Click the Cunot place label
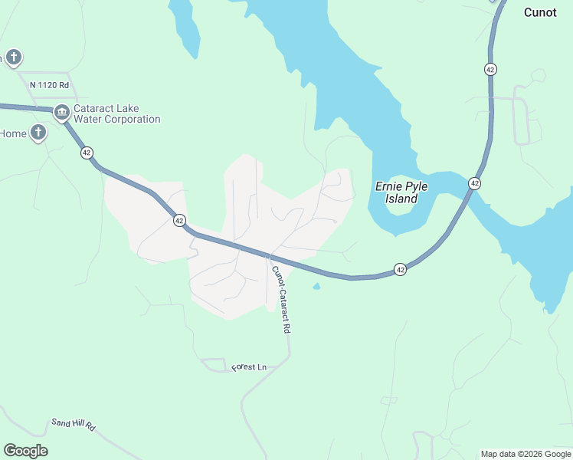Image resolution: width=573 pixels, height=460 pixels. (540, 12)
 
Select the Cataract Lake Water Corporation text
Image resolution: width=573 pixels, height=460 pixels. (116, 114)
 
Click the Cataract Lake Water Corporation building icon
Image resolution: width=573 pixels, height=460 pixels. (62, 113)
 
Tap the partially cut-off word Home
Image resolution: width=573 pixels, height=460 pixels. (13, 133)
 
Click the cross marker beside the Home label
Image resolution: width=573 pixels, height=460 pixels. (37, 133)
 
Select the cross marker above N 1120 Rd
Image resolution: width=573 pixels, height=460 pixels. (13, 58)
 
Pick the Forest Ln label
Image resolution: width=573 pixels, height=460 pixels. (249, 368)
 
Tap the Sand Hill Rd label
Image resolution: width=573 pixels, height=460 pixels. (72, 424)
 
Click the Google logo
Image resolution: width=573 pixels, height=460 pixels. (25, 451)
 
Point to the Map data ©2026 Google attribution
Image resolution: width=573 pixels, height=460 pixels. (526, 454)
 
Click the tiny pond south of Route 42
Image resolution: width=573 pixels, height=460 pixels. (316, 287)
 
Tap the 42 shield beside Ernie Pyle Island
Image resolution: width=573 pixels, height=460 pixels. (475, 183)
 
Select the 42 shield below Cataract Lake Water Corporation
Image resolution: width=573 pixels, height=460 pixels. (87, 153)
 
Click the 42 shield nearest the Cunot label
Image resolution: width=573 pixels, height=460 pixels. (490, 69)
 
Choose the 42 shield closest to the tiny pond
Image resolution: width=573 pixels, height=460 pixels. (400, 269)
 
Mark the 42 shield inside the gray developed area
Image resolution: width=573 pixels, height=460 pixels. (178, 220)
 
